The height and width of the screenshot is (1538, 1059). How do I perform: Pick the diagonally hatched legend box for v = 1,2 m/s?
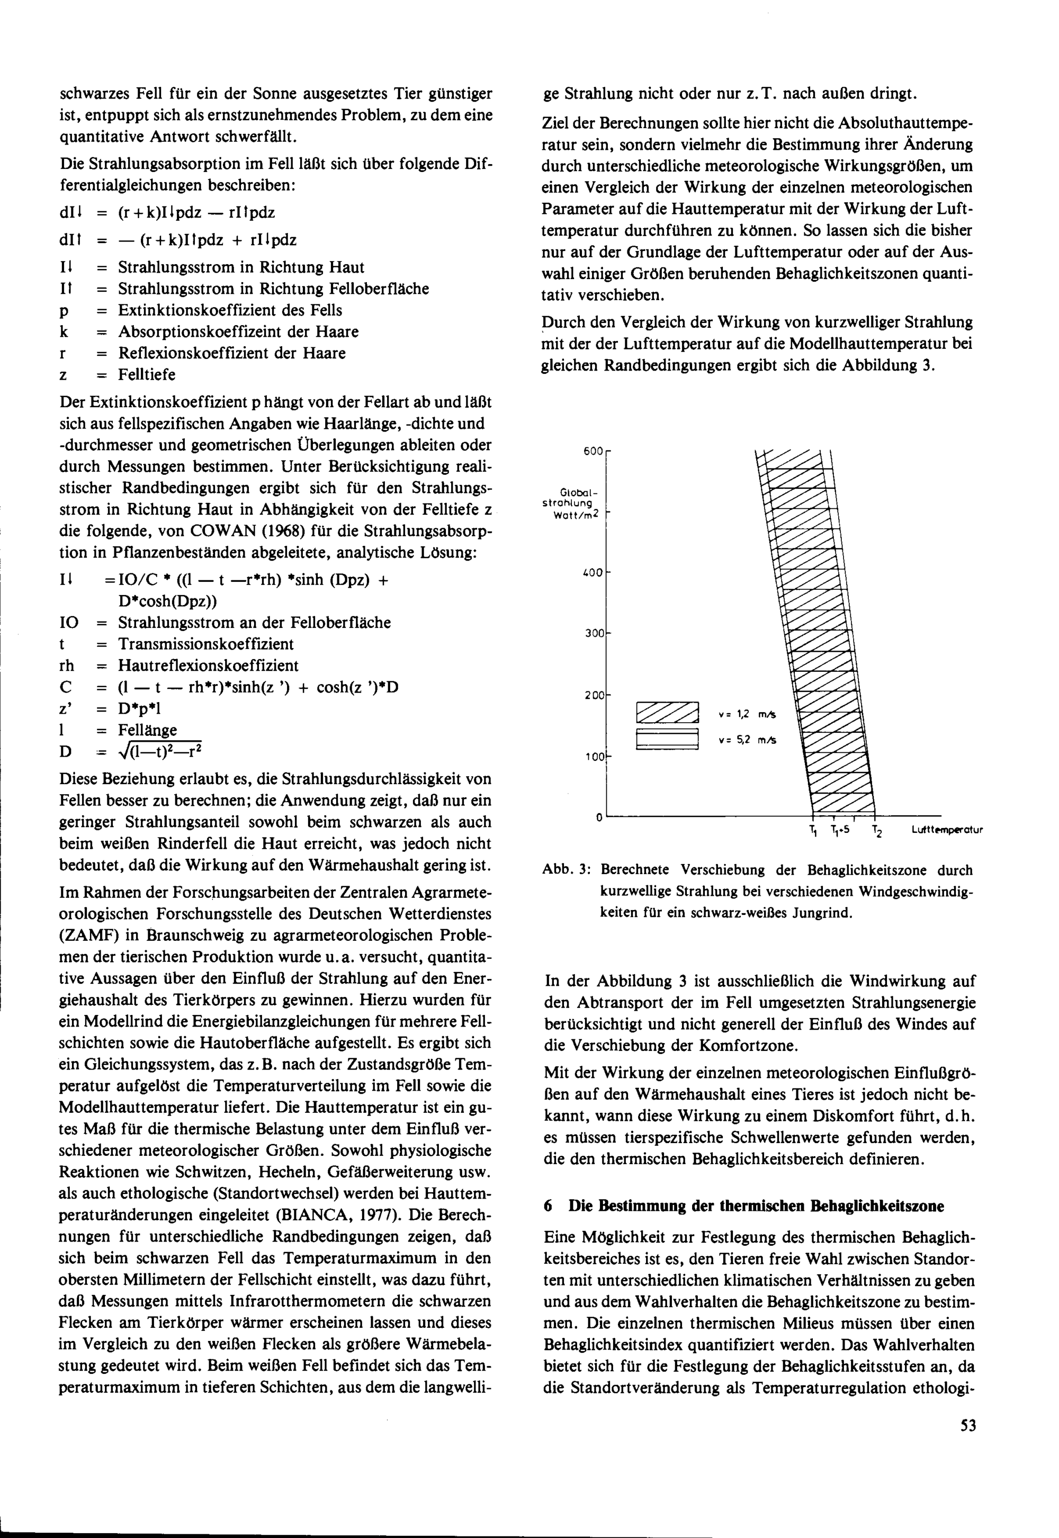point(668,713)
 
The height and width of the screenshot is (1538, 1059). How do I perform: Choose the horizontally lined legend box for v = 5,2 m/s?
point(668,740)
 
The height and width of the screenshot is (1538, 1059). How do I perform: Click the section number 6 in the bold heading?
point(548,1206)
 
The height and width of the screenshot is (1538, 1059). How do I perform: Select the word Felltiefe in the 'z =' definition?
point(147,375)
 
